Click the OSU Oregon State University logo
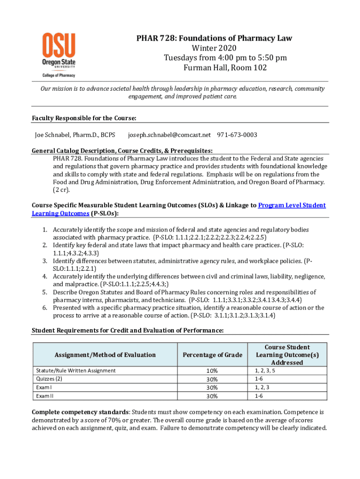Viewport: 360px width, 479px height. (59, 55)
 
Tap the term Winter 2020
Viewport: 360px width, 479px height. (214, 48)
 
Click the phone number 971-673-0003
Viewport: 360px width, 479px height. (237, 135)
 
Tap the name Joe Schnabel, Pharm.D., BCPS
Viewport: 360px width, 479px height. (75, 135)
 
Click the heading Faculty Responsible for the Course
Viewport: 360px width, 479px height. (84, 118)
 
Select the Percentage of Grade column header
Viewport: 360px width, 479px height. (213, 355)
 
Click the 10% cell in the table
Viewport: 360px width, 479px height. (212, 371)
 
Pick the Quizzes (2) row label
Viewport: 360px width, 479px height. (49, 379)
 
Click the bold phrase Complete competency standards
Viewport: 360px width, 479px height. (80, 412)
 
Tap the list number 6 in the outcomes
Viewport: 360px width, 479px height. (45, 307)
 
